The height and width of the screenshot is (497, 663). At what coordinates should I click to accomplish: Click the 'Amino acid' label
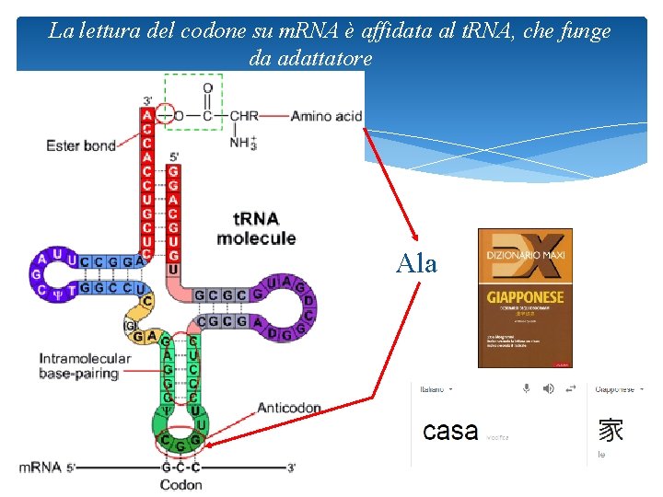[x=326, y=116]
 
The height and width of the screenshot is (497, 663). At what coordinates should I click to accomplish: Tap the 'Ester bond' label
[x=81, y=145]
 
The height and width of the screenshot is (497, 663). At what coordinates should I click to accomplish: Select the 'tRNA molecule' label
[x=256, y=228]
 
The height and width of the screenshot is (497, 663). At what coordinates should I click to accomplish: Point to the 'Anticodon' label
[x=289, y=408]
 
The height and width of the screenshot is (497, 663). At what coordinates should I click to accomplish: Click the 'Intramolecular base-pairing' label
[x=79, y=366]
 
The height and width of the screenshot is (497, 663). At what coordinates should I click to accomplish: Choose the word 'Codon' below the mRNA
[x=181, y=484]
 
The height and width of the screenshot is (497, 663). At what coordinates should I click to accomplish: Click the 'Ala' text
[x=417, y=263]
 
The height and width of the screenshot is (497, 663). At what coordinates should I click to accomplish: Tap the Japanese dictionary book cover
[x=525, y=297]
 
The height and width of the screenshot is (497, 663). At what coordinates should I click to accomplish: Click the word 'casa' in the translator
[x=450, y=431]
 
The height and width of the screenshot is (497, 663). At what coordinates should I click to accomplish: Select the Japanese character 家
[x=611, y=430]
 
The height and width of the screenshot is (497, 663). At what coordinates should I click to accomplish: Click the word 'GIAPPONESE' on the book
[x=525, y=298]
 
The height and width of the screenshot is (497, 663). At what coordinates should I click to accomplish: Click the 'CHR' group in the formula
[x=244, y=116]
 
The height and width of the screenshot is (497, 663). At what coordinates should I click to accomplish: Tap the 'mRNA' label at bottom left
[x=40, y=468]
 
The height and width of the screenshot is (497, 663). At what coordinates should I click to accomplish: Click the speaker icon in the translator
[x=549, y=389]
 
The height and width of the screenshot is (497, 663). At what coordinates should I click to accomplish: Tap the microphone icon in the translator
[x=527, y=389]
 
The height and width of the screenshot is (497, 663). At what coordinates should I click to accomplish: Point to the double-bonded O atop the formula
[x=207, y=88]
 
